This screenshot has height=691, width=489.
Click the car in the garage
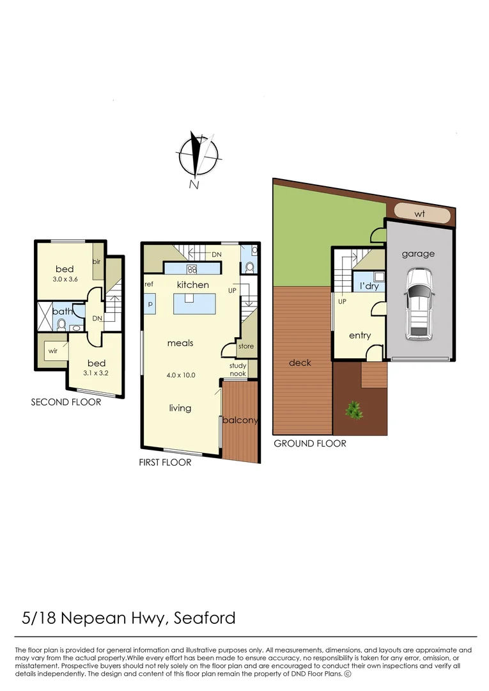click(419, 304)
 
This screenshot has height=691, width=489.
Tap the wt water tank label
click(420, 214)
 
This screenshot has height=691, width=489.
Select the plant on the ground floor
click(354, 410)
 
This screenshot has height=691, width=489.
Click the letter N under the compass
click(194, 185)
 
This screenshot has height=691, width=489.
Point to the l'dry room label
click(369, 286)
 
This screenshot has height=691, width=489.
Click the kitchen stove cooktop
click(192, 268)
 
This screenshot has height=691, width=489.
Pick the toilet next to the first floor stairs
click(249, 267)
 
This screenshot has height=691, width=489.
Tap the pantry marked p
click(150, 304)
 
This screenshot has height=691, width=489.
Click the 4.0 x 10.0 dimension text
click(181, 376)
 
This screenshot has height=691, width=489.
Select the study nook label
click(238, 369)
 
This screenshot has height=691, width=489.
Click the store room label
click(246, 346)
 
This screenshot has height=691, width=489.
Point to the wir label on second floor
click(53, 351)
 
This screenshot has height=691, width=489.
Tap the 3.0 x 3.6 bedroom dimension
click(65, 279)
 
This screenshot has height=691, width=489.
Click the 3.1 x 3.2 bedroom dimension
click(96, 373)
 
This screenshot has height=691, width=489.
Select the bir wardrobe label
click(97, 261)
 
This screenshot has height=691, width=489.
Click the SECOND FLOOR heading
click(66, 402)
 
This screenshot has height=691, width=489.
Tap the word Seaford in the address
click(205, 618)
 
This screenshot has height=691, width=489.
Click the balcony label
click(240, 420)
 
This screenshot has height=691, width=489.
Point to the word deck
click(300, 363)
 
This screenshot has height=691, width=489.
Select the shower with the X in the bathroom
click(45, 316)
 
